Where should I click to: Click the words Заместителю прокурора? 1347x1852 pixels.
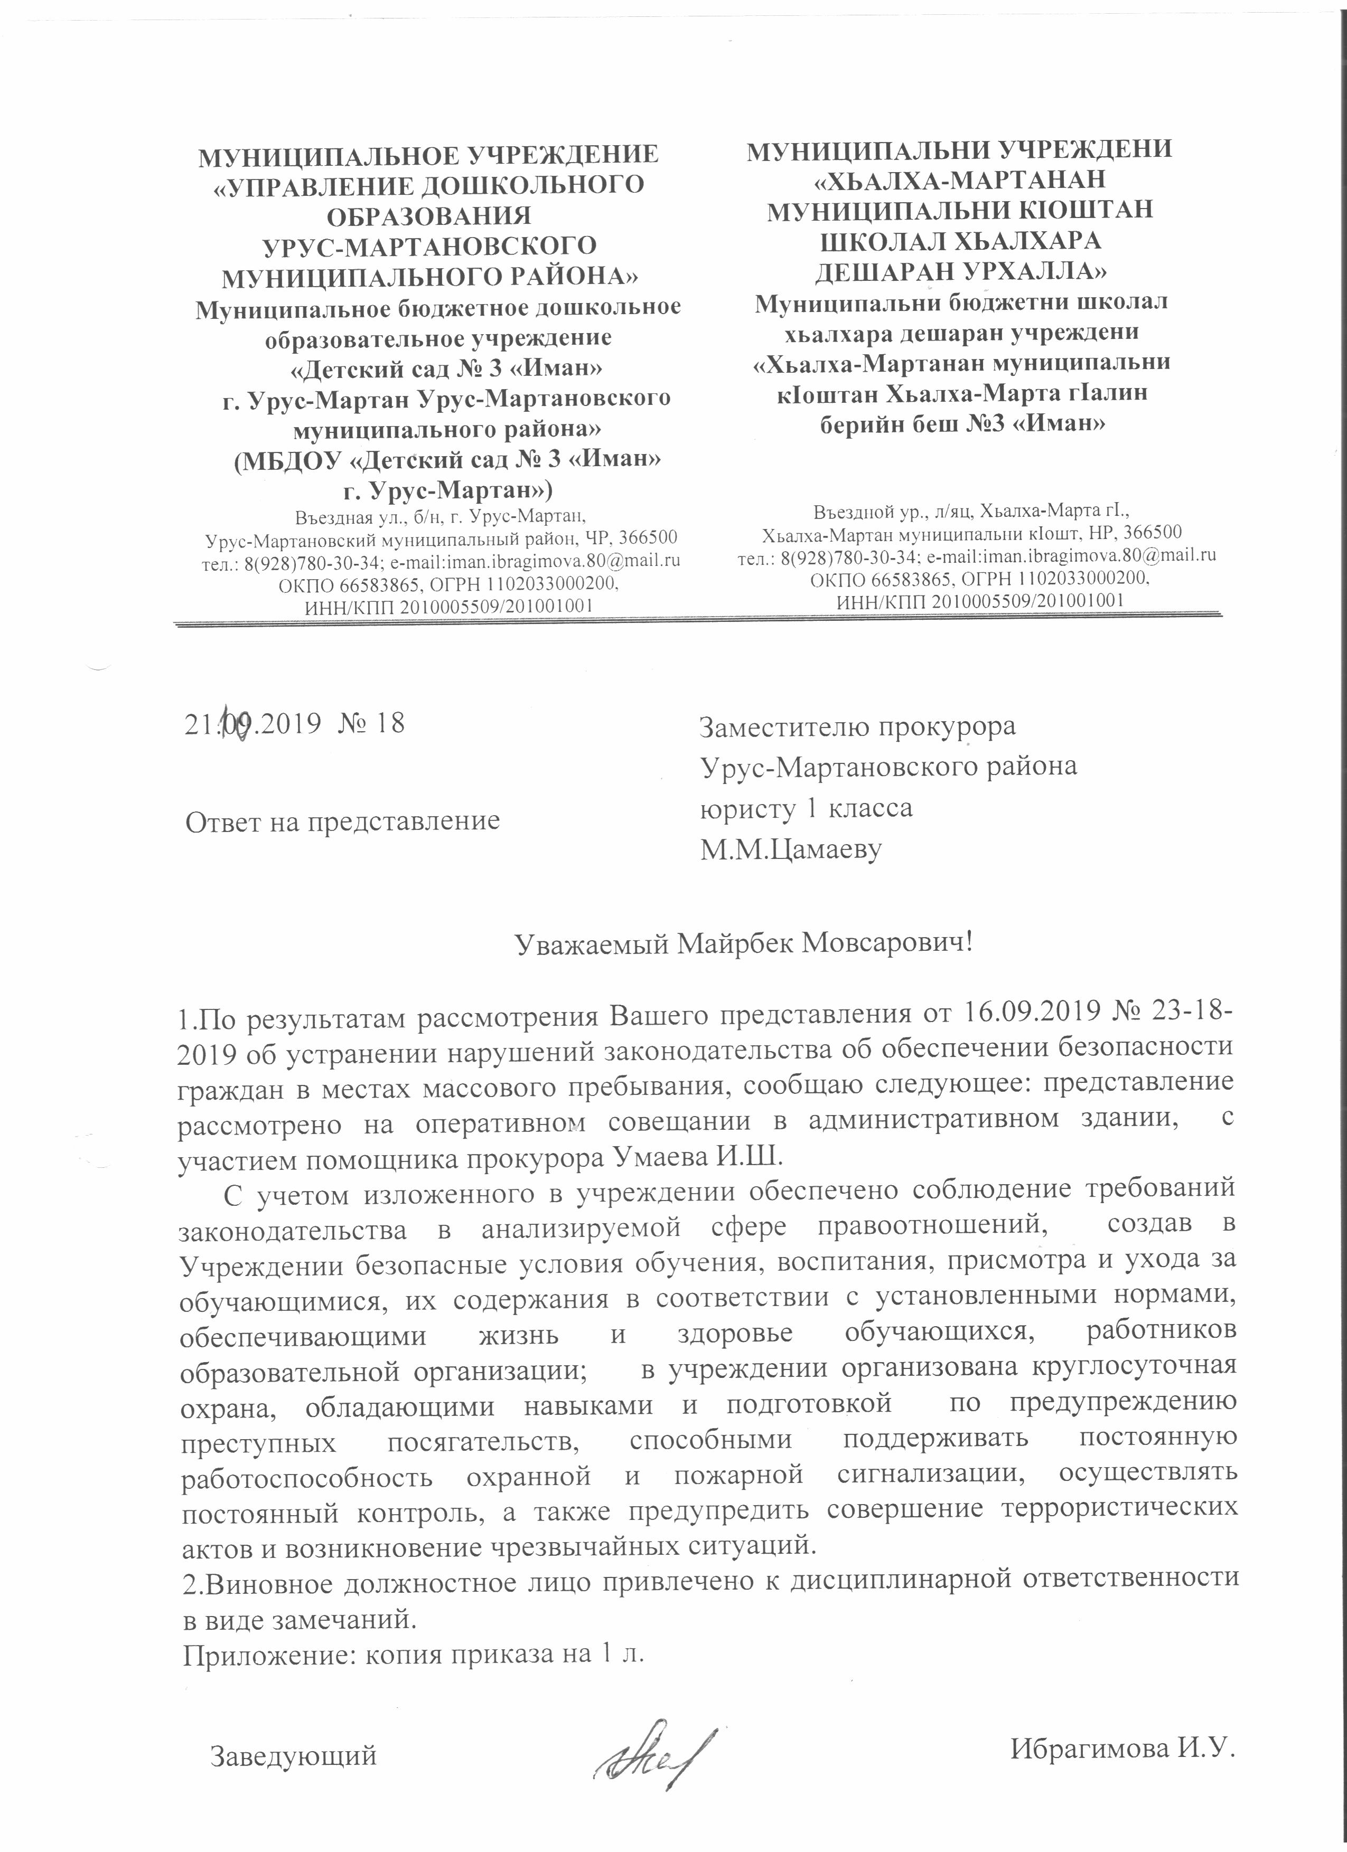pos(858,725)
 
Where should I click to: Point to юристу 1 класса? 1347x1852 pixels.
pos(806,808)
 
